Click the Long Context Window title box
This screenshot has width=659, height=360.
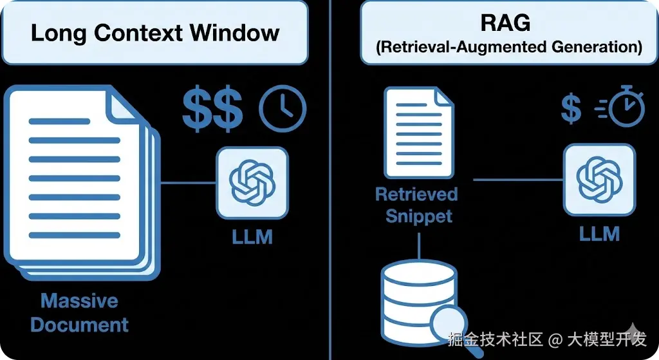tap(154, 33)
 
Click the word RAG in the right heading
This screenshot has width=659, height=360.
tap(505, 23)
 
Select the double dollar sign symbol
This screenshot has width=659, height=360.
tap(212, 109)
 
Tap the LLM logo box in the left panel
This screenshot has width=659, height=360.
tap(252, 182)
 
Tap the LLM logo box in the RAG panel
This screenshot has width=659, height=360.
tap(599, 180)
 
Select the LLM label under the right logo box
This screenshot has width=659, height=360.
tap(599, 233)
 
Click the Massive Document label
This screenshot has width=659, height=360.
tap(79, 312)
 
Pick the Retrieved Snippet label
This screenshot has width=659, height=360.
tap(417, 205)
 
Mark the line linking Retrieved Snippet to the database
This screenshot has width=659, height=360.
tap(419, 245)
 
